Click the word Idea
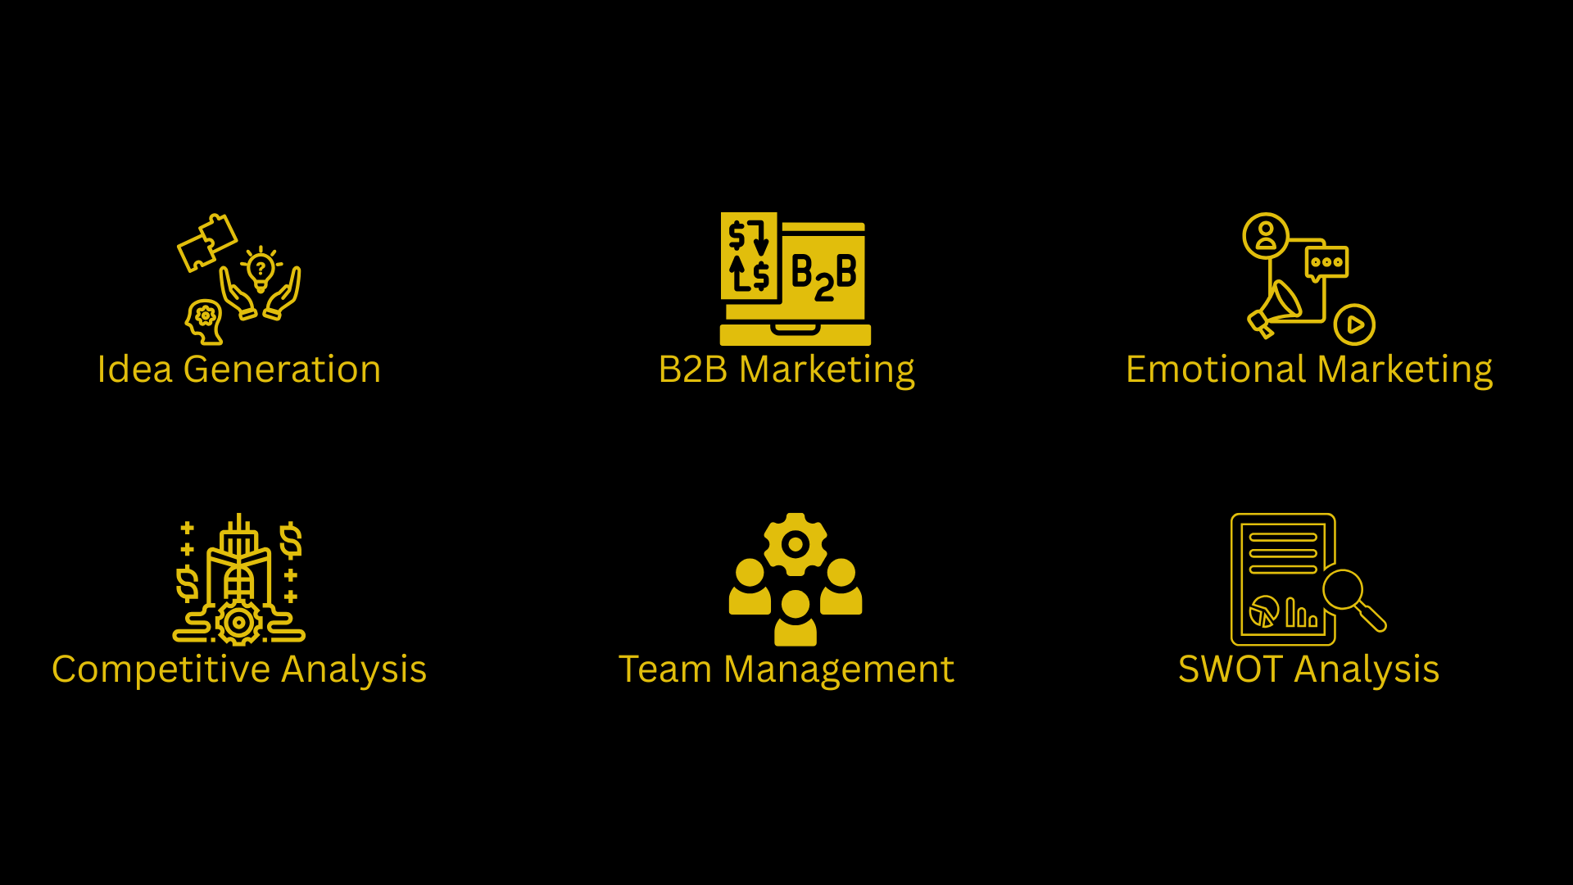coord(134,370)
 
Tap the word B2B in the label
coord(692,370)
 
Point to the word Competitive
coord(161,669)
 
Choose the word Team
coord(664,669)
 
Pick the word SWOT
coord(1230,669)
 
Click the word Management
coord(838,669)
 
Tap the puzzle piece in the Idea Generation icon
coord(207,241)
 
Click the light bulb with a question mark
coord(261,269)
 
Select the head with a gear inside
coord(204,320)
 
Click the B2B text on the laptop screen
coord(823,275)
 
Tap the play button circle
coord(1354,324)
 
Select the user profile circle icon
coord(1266,235)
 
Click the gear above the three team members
coord(795,544)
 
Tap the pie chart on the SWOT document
coord(1264,611)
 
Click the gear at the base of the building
coord(238,623)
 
